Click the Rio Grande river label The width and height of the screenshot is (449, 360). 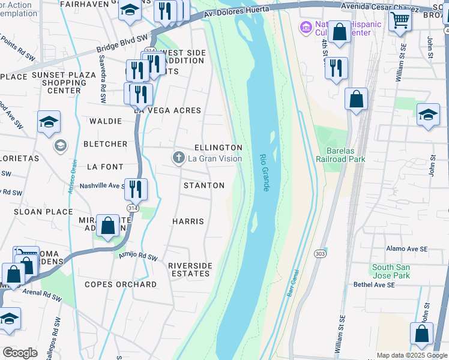[264, 173]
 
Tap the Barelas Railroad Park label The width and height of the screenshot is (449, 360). [340, 155]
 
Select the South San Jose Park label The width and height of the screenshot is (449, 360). [391, 271]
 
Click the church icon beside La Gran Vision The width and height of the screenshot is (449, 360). [178, 158]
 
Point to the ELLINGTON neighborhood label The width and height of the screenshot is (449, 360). [218, 148]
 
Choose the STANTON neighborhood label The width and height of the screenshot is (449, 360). [204, 185]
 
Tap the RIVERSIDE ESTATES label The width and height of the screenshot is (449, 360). [190, 269]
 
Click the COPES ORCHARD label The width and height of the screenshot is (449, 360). [121, 284]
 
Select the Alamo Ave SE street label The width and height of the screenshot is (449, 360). [407, 248]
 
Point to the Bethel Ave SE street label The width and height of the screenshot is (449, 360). [374, 285]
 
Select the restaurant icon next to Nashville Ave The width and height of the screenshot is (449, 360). [136, 190]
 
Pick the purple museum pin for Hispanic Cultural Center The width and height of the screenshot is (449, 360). [306, 27]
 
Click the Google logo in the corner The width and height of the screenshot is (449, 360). [20, 353]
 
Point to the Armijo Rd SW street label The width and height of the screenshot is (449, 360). [137, 257]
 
